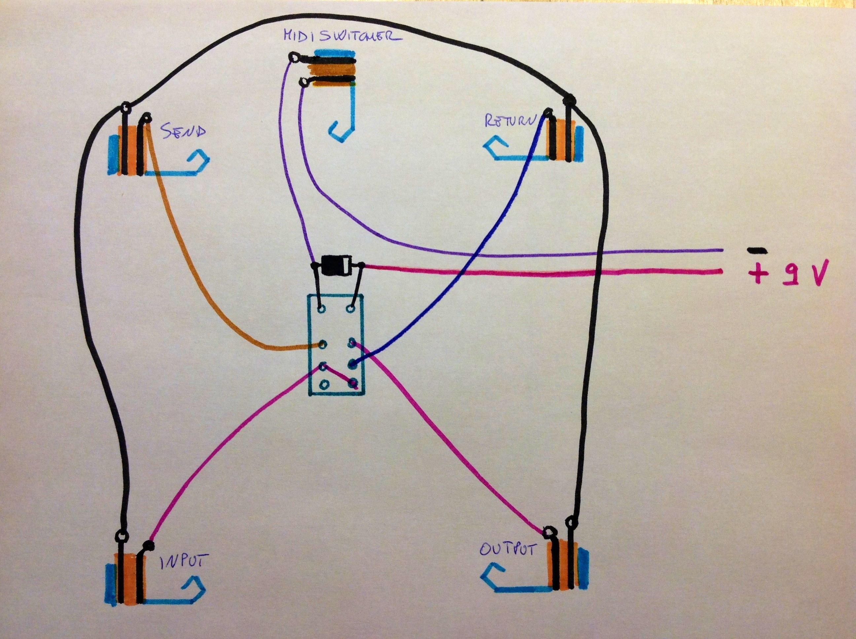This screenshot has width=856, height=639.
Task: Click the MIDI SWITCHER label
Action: pyautogui.click(x=342, y=36)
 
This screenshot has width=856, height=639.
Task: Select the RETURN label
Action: pyautogui.click(x=510, y=121)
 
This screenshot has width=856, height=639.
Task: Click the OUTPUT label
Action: pyautogui.click(x=508, y=549)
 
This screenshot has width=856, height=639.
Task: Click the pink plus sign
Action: pyautogui.click(x=758, y=274)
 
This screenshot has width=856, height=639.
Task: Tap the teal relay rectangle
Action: pyautogui.click(x=336, y=345)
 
